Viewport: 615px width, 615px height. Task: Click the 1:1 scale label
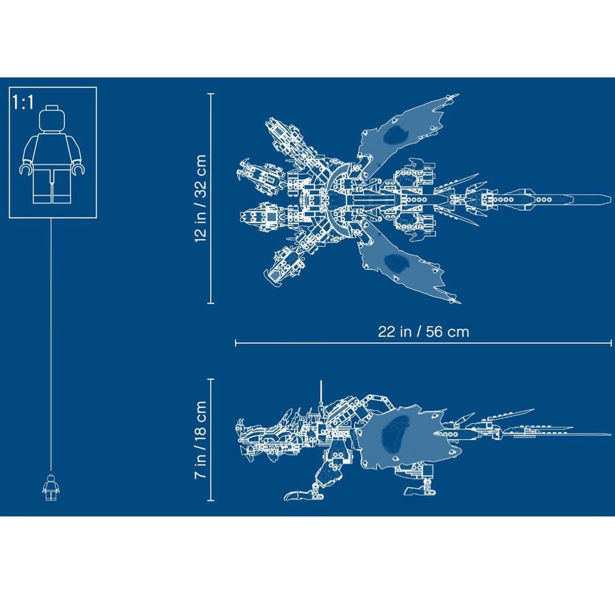click(x=23, y=102)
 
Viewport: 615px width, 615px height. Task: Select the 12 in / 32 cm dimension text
click(x=200, y=199)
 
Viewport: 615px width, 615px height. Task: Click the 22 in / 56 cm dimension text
click(x=424, y=332)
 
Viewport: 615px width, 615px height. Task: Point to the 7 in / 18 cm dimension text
click(x=200, y=440)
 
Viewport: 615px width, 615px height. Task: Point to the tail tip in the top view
click(x=610, y=199)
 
